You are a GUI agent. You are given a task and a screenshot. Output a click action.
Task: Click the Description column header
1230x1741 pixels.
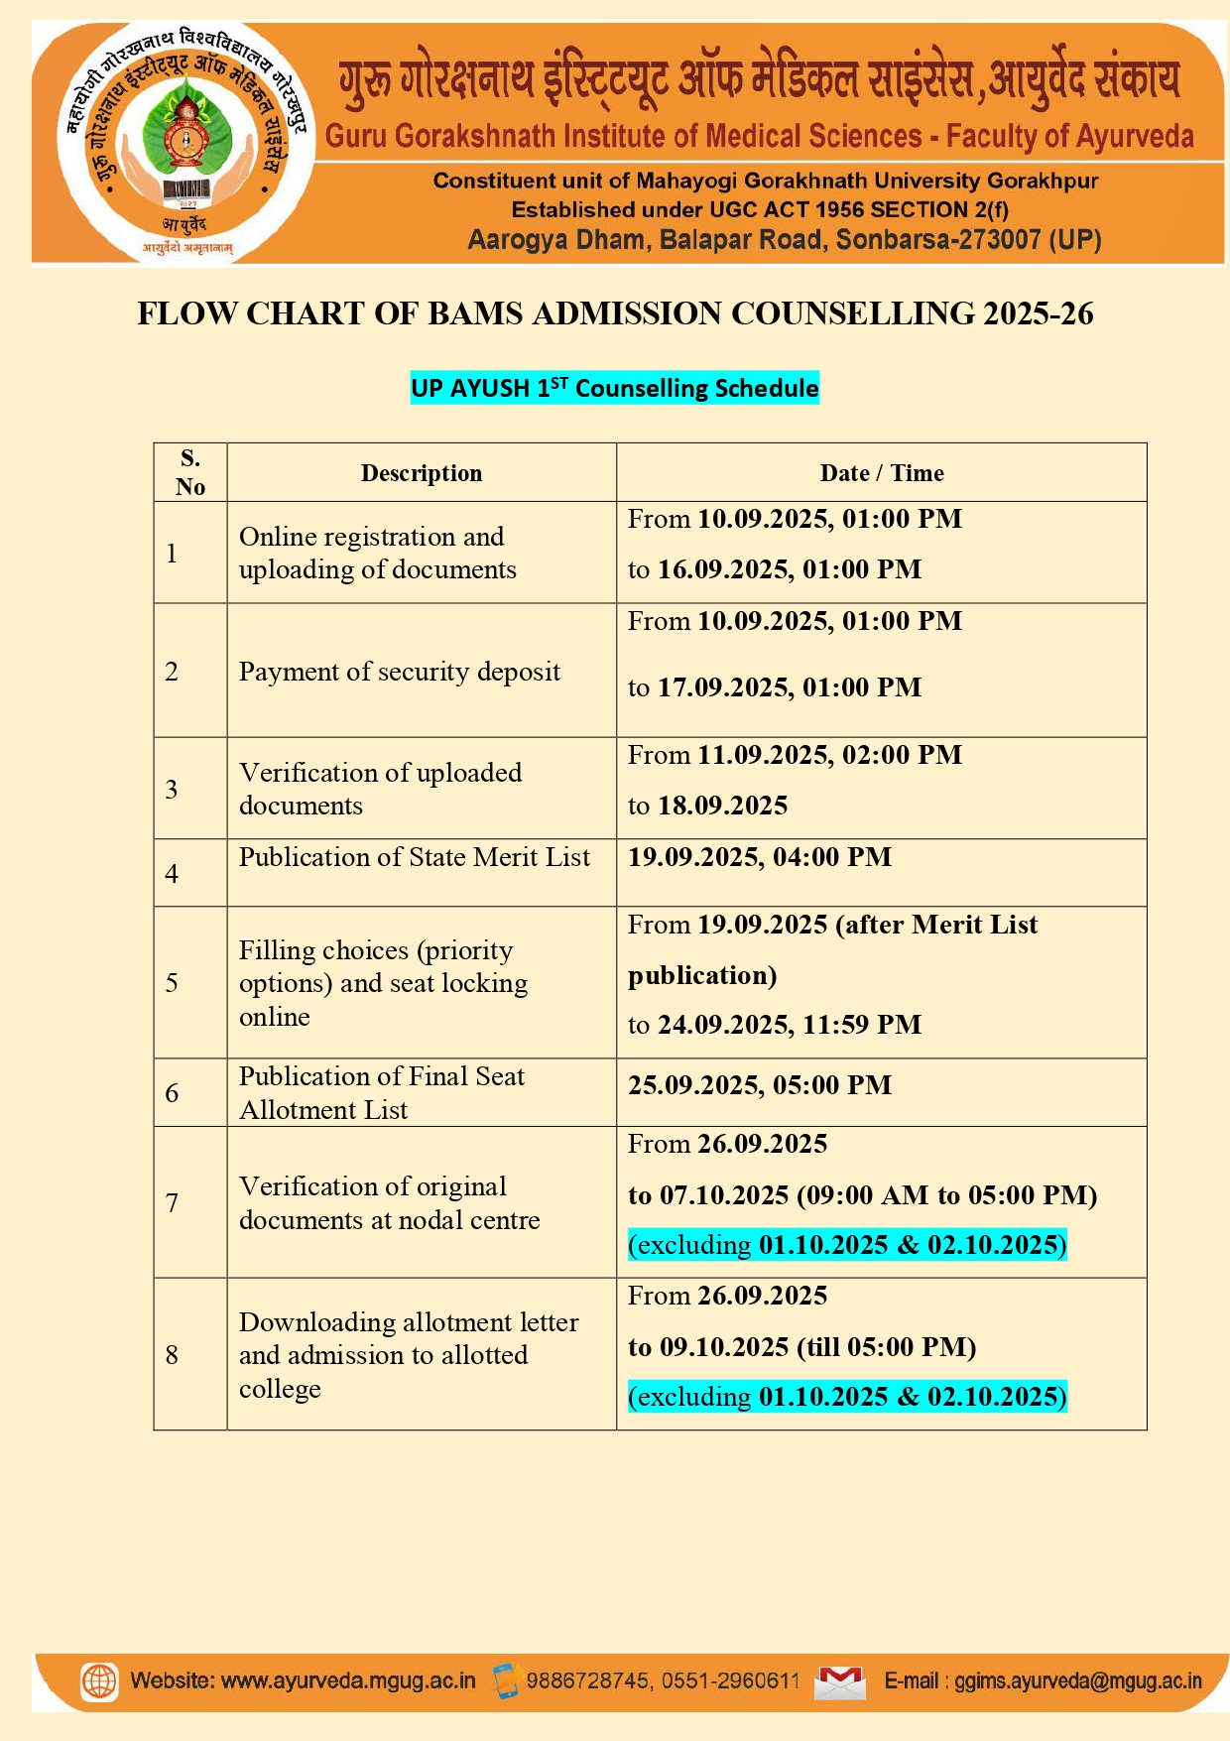[x=421, y=473]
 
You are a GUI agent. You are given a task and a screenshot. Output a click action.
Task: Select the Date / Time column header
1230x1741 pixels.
[x=881, y=473]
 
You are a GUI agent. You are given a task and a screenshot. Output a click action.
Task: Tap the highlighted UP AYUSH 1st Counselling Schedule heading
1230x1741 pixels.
[x=614, y=388]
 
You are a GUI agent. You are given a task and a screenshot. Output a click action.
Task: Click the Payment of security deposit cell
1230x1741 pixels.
[x=399, y=672]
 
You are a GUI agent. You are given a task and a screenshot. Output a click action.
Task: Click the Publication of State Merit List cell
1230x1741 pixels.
[x=414, y=857]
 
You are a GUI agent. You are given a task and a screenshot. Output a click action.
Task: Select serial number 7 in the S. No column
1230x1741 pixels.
[x=172, y=1202]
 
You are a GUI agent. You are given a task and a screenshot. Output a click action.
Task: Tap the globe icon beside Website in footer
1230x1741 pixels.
[x=99, y=1681]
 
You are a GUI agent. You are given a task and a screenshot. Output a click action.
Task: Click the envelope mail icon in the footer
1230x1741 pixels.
[x=839, y=1681]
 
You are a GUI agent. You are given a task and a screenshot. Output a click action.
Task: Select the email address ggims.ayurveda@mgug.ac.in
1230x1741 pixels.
[x=1077, y=1681]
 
